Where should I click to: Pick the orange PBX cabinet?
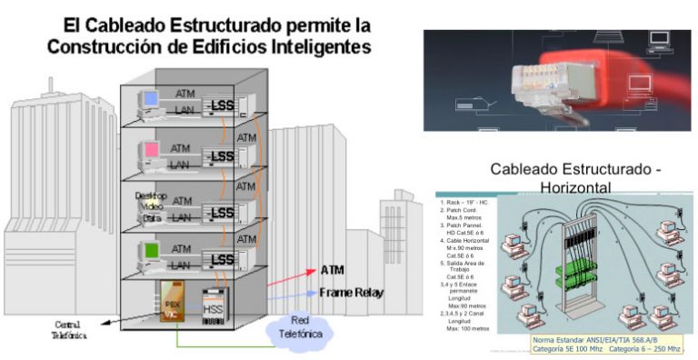click(x=170, y=305)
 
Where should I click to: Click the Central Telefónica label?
click(x=69, y=328)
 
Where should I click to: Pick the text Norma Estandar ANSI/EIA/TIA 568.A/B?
click(x=593, y=340)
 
